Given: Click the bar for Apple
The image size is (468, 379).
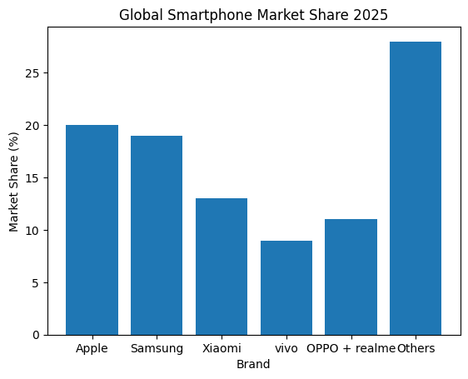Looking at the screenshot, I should (x=92, y=230).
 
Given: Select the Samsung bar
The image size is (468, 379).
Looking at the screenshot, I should (x=157, y=235).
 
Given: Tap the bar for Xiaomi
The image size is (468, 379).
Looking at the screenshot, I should (x=222, y=267).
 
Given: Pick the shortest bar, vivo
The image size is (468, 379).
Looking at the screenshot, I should (x=286, y=287).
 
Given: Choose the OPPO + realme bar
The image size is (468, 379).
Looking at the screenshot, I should (x=351, y=277).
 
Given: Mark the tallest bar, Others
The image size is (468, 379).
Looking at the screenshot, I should (x=416, y=188).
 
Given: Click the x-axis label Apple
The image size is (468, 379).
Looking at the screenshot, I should (x=92, y=348).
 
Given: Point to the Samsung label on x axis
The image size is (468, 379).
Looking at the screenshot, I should (x=157, y=348).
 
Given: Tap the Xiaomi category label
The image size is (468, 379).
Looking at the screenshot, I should (x=222, y=348).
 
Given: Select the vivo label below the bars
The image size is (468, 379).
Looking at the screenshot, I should (x=286, y=348).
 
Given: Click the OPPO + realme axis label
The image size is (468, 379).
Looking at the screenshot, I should (x=351, y=348).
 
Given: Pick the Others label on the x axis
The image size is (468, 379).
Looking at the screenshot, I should (x=416, y=348).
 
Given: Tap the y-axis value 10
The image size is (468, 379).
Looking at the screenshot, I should (x=34, y=230).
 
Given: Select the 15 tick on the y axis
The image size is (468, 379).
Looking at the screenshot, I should (x=34, y=178).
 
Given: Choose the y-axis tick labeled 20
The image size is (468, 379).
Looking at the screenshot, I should (x=34, y=126).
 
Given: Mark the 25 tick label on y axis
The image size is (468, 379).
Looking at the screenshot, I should (x=34, y=73).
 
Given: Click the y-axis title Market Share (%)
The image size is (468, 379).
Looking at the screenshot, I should (x=14, y=181).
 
